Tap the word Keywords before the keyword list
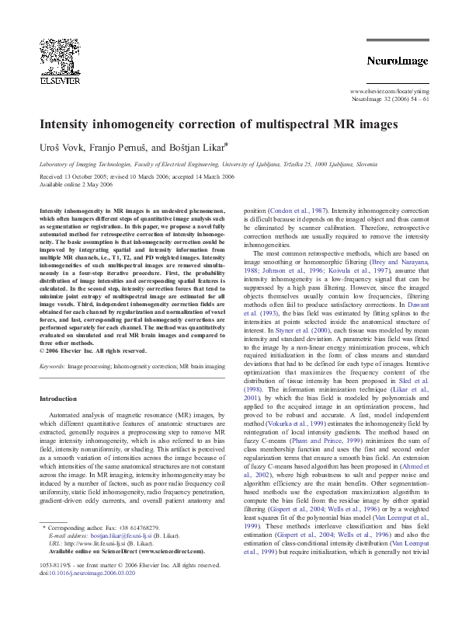(52, 364)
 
